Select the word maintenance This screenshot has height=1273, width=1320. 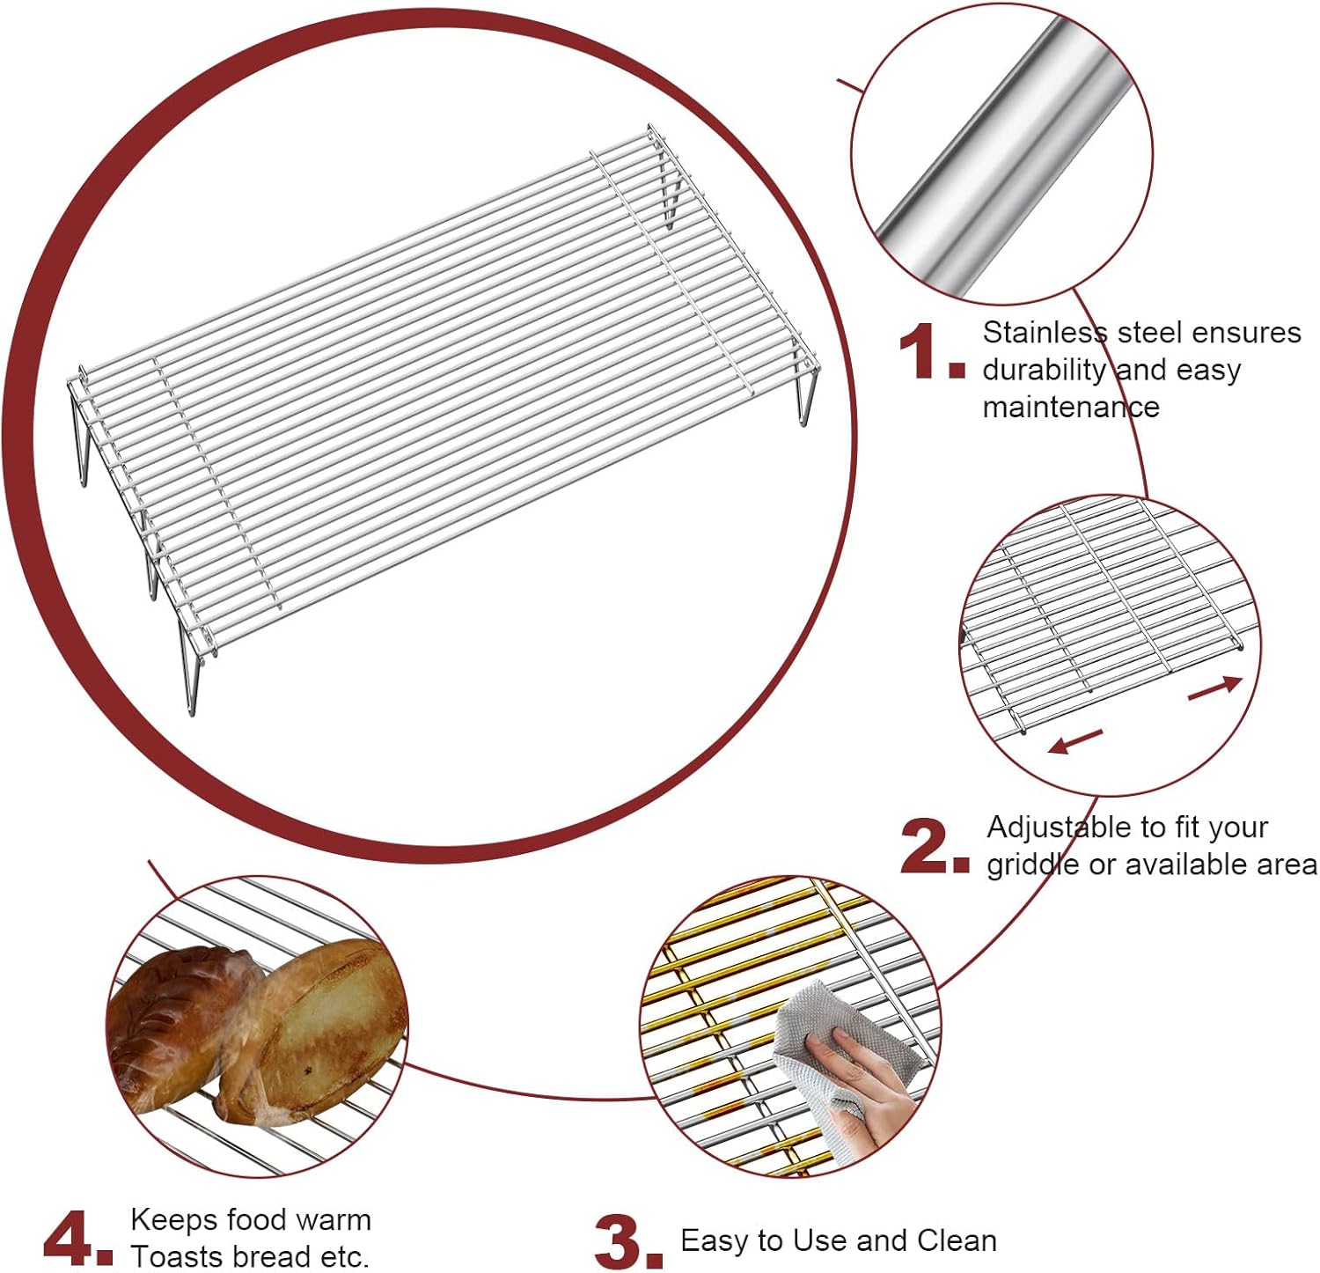click(1070, 408)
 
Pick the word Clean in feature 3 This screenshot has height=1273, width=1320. click(957, 1240)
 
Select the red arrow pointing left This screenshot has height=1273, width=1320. click(1075, 741)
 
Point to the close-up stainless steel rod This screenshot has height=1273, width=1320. click(1003, 154)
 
